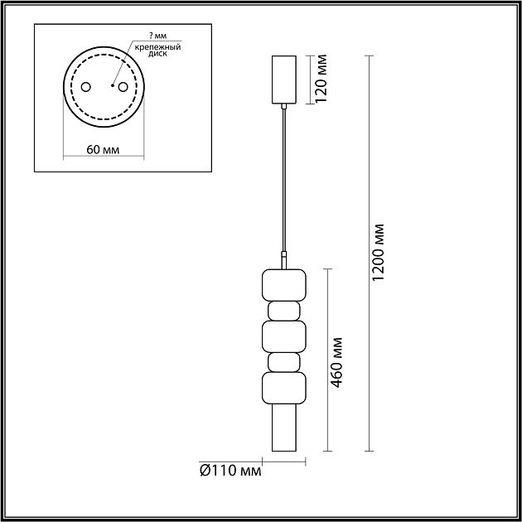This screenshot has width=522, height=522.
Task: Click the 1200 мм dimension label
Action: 378,253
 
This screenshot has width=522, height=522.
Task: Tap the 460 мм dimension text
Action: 336,363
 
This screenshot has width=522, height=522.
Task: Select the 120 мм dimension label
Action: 321,79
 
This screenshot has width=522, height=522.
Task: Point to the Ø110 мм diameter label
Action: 230,471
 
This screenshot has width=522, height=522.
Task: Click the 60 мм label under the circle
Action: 103,150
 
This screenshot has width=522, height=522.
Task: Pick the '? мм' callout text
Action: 157,36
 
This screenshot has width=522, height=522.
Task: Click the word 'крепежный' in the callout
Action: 157,47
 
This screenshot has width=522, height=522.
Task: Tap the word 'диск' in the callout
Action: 157,54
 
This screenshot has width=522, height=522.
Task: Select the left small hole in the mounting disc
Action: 86,87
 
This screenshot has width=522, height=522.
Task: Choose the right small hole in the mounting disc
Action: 123,87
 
